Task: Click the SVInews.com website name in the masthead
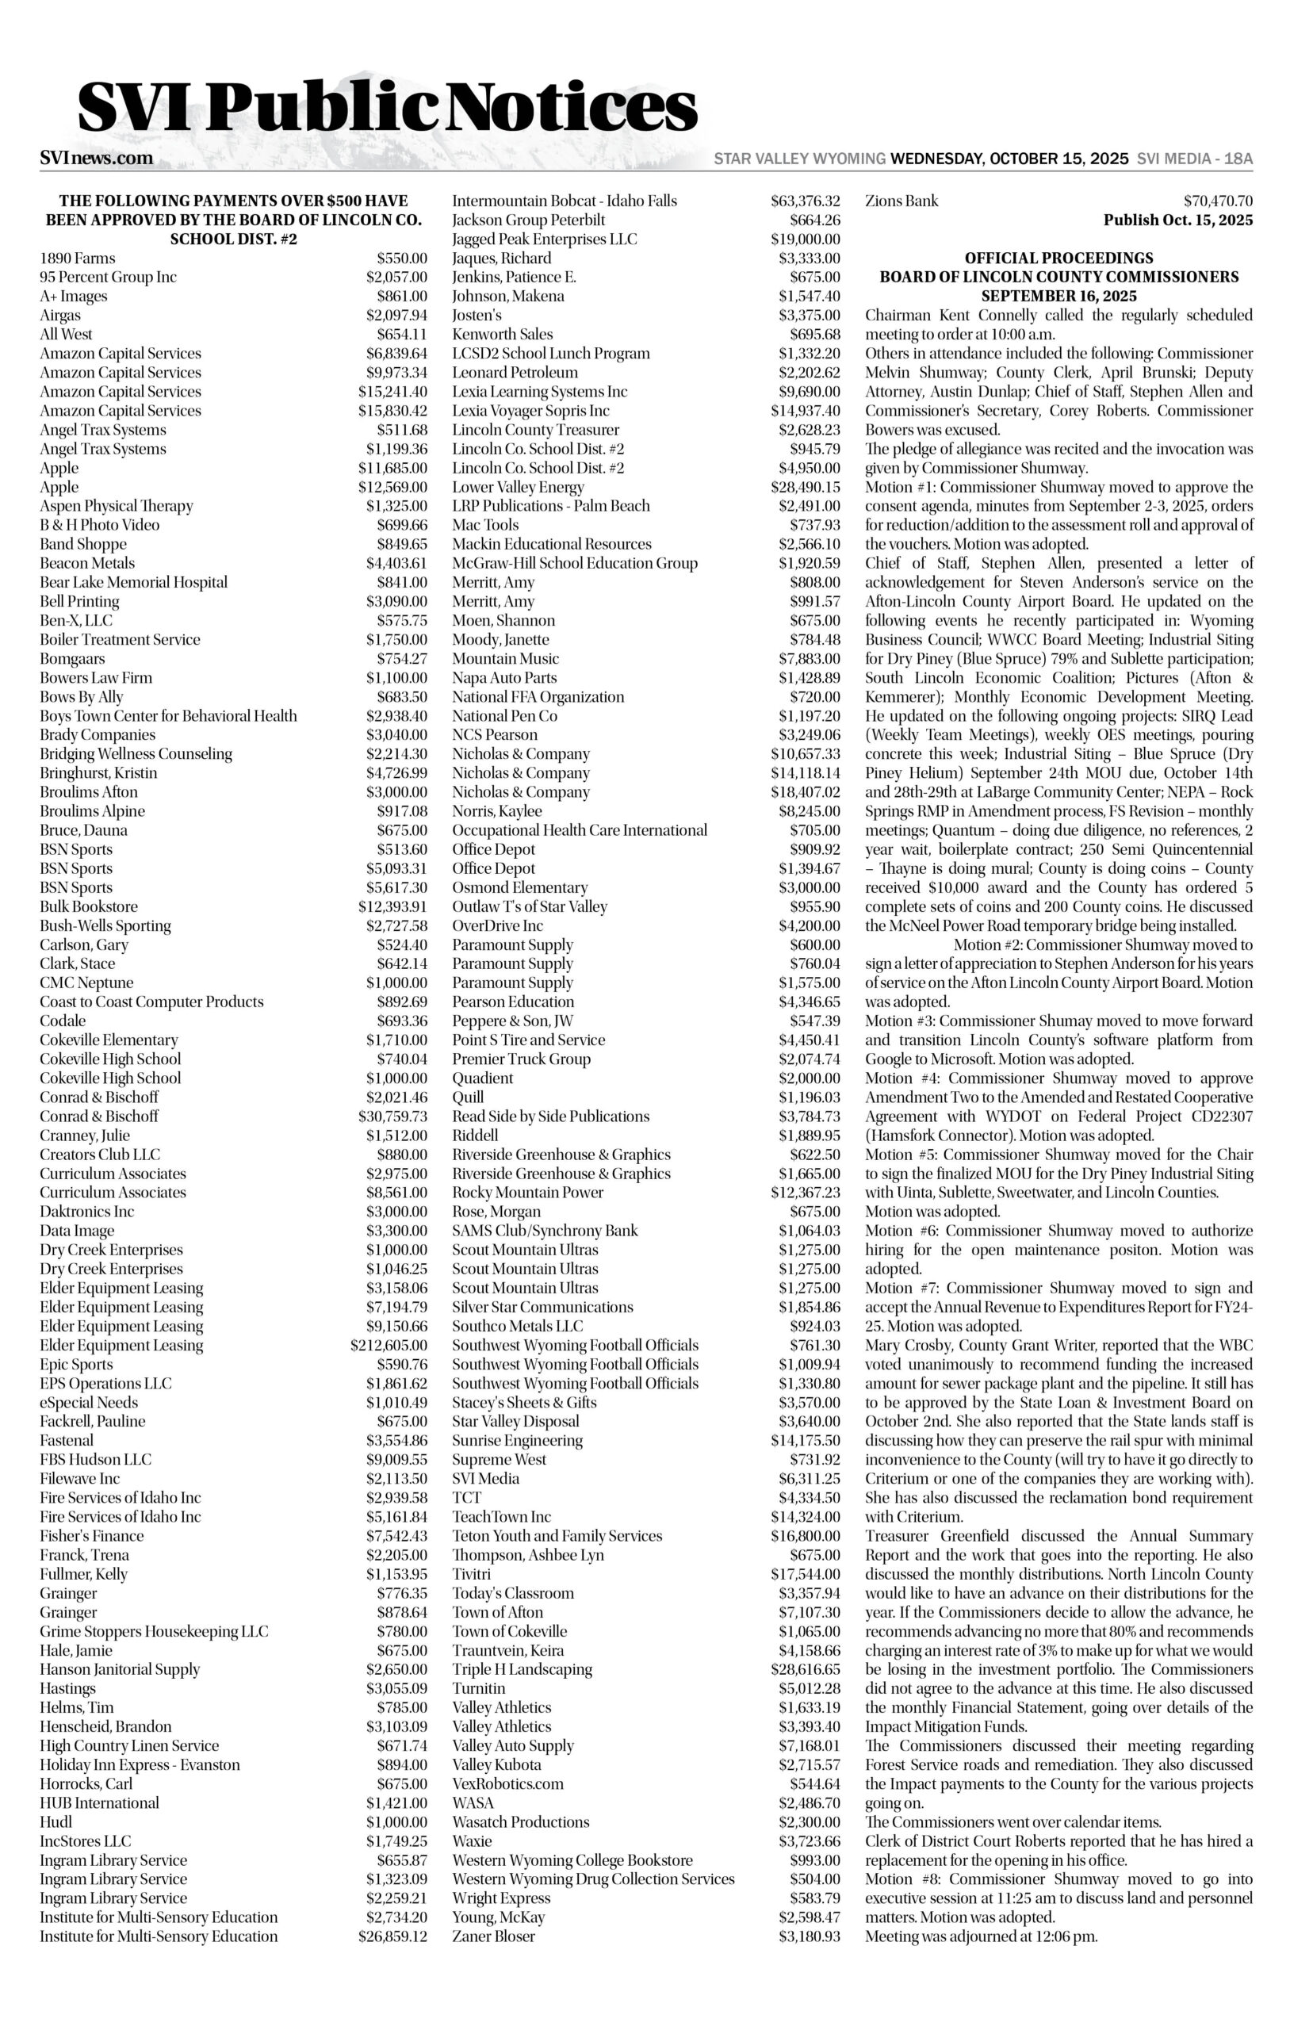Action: pos(97,158)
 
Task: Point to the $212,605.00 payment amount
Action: pos(389,1346)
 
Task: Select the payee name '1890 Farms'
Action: pos(78,259)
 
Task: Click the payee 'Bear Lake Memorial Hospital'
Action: pos(134,582)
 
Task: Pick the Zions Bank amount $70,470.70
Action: pos(1219,201)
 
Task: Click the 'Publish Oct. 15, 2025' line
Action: pos(1178,220)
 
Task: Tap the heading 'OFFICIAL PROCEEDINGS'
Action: pos(1059,259)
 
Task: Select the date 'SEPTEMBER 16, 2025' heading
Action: pos(1059,297)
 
